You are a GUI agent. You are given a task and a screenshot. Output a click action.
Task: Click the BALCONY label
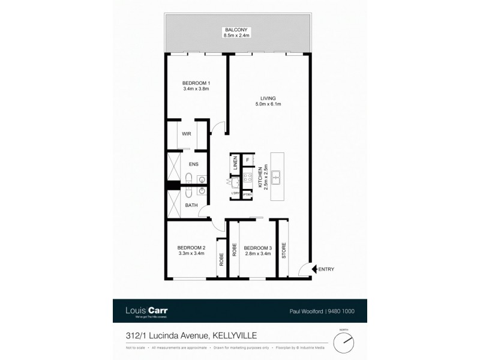237,29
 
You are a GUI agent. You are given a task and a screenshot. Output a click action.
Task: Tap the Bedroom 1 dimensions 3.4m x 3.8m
196,89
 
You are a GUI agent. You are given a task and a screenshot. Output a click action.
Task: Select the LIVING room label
267,98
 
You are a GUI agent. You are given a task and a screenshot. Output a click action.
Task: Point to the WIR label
187,134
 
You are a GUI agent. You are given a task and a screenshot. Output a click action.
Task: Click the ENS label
194,164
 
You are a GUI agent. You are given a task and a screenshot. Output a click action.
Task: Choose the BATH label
191,205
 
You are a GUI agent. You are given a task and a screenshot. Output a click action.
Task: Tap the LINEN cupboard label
235,162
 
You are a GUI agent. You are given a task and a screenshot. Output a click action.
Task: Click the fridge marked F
247,160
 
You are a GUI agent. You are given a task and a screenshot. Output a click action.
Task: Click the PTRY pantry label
247,193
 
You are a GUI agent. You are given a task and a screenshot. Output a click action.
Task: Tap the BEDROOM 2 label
191,248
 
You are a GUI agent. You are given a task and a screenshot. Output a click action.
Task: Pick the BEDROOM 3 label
258,248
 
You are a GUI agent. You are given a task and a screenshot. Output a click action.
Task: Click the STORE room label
284,248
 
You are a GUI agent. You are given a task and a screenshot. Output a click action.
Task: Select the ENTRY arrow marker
307,269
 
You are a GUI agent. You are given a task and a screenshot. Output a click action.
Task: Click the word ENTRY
326,269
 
